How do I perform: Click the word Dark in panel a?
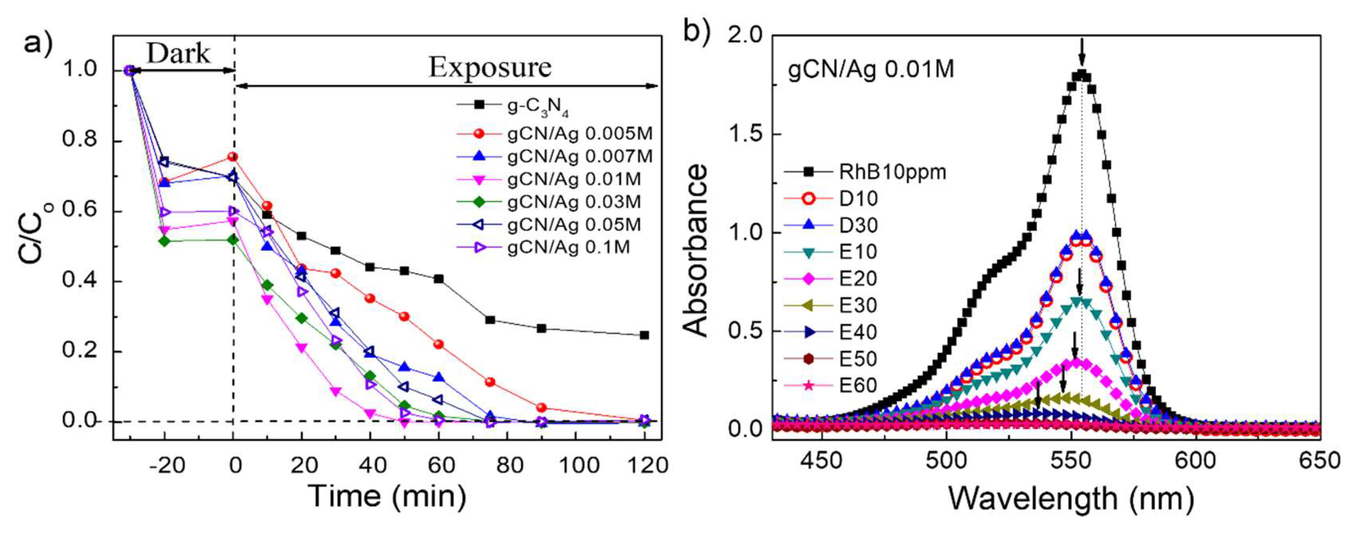coord(178,54)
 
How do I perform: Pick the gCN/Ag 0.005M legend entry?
coord(580,134)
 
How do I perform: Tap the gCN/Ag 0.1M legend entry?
coord(568,247)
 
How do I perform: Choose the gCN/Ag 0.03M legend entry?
coord(573,202)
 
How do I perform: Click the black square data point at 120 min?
coord(644,335)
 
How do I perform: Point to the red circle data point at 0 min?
coord(233,157)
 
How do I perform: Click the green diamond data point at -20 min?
coord(165,241)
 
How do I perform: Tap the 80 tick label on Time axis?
coord(510,465)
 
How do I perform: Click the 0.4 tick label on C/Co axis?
coord(79,281)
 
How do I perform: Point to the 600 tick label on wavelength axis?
coord(1194,461)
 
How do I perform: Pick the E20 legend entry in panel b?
coord(858,278)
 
